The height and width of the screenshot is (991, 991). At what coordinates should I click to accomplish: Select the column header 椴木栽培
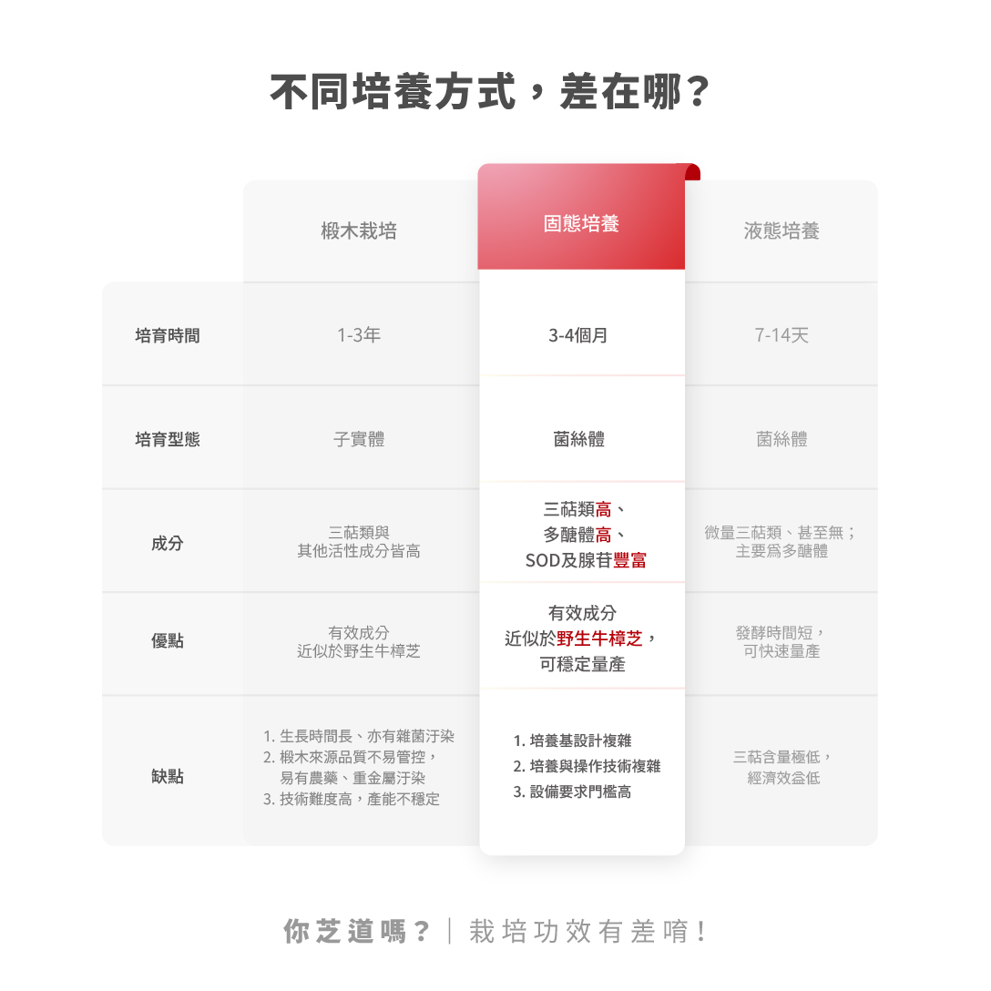[x=359, y=231]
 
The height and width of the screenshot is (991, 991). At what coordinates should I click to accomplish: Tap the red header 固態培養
[x=581, y=224]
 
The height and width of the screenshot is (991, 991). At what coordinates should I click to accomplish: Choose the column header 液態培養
[x=782, y=231]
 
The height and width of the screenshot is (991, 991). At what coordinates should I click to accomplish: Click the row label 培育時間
[x=168, y=336]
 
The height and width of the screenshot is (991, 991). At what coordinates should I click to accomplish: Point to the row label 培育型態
[x=168, y=440]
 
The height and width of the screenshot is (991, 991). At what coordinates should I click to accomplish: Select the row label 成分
[x=168, y=544]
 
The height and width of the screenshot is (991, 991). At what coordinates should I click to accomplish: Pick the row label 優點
[x=168, y=641]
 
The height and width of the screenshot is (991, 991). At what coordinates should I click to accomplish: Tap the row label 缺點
[x=168, y=777]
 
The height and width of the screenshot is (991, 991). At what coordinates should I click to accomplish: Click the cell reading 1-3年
[x=359, y=336]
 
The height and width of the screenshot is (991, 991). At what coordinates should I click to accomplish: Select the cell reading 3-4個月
[x=578, y=336]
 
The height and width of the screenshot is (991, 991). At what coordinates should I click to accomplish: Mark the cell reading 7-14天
[x=782, y=336]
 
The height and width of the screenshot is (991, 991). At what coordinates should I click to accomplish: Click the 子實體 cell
[x=359, y=440]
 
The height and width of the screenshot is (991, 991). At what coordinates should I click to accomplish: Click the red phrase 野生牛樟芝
[x=599, y=639]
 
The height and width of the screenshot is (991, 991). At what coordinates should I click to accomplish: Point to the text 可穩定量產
[x=582, y=664]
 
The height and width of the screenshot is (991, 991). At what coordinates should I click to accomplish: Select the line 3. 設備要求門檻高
[x=572, y=792]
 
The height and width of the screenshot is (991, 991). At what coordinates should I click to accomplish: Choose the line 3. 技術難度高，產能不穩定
[x=352, y=800]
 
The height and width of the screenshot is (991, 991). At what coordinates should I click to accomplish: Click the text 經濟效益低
[x=783, y=778]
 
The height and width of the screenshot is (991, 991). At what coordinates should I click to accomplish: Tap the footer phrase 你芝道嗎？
[x=356, y=932]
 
